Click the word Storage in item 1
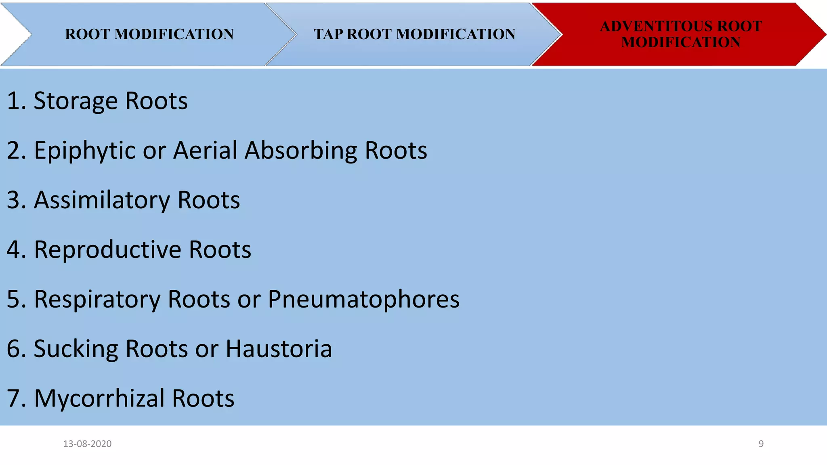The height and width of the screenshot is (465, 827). pos(76,101)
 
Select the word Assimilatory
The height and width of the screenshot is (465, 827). pos(102,201)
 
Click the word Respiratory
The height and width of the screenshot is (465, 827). pos(97,300)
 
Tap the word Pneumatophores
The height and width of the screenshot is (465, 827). pos(363,300)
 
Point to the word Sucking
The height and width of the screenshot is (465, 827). pos(76,349)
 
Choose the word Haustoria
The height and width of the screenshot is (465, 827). pos(279,349)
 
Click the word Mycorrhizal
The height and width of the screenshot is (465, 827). pos(99,399)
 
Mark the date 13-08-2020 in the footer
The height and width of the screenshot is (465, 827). pos(87,444)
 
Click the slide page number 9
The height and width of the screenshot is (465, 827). pos(761,444)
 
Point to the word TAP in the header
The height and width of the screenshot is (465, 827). pos(328,34)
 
